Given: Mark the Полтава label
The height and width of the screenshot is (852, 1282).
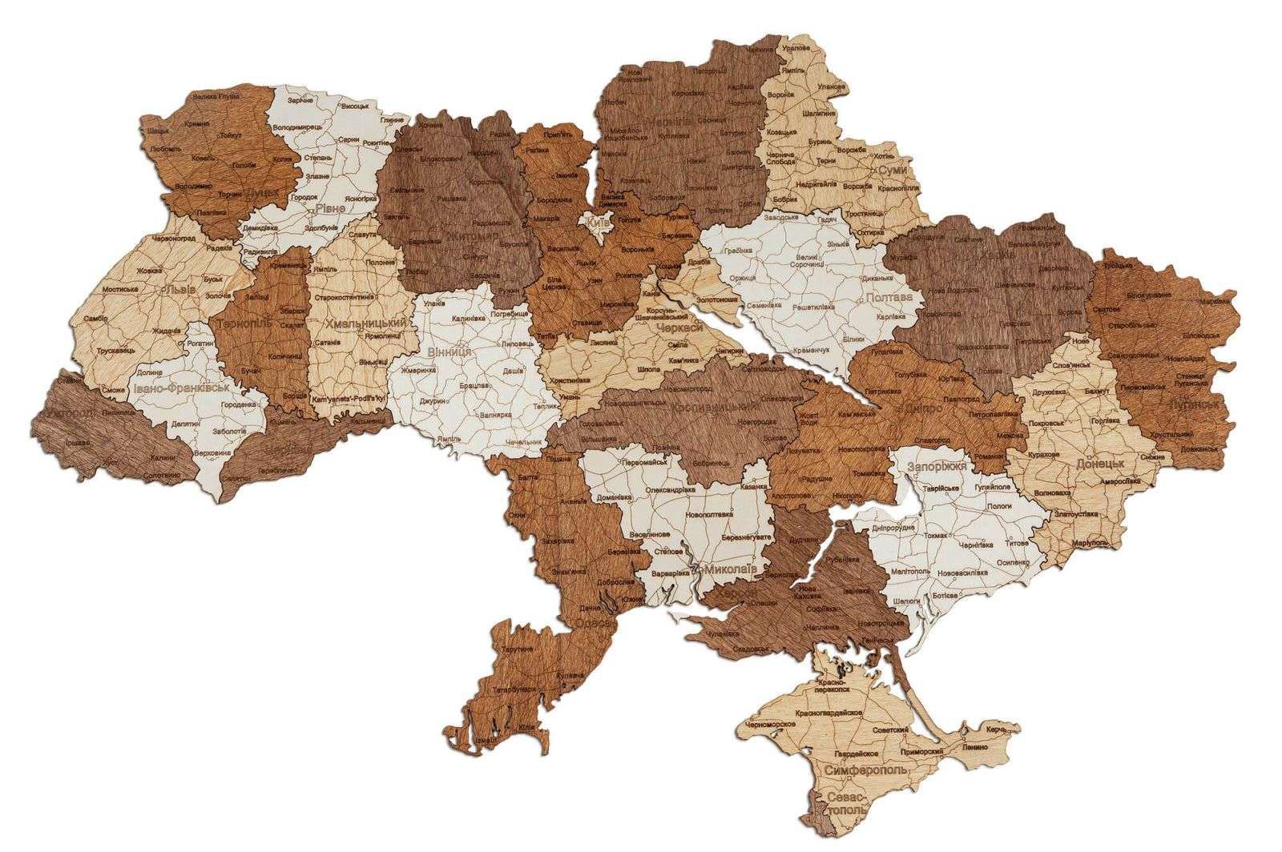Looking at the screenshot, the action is click(889, 297).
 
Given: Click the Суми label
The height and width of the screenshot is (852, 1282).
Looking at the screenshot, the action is click(893, 171).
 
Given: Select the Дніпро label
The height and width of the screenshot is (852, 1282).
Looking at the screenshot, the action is click(923, 408).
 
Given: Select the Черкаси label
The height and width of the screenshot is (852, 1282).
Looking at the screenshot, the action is click(678, 328).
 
